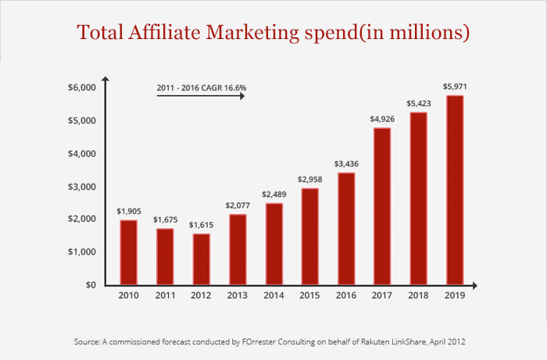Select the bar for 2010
(x=128, y=252)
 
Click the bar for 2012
(x=201, y=258)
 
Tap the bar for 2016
(x=346, y=228)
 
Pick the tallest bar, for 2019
(x=456, y=190)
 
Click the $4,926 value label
(x=383, y=119)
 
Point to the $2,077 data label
(x=238, y=205)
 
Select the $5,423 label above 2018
(x=420, y=103)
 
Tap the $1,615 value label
(x=201, y=224)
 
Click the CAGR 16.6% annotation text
(x=202, y=87)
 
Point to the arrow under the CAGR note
(x=202, y=99)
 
